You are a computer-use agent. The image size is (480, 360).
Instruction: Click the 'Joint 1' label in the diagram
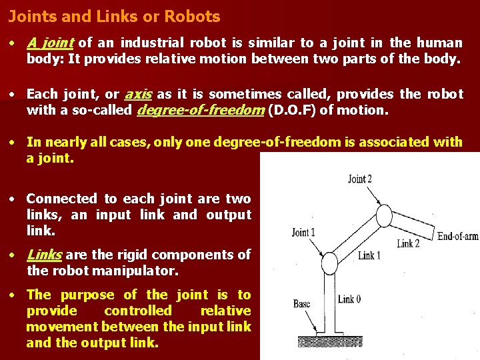point(303,232)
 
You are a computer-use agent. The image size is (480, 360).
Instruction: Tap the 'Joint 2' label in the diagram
point(360,179)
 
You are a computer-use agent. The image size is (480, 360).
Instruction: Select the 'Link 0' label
point(349,299)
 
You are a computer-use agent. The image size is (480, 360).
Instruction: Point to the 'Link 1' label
point(369,256)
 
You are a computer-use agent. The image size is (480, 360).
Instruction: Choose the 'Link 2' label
point(408,244)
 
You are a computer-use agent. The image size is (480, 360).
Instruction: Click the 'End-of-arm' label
point(457,235)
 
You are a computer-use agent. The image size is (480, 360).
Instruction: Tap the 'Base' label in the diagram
point(301,304)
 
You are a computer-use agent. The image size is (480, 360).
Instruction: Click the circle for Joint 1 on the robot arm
point(329,263)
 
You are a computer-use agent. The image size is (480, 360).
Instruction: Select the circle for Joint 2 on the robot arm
point(385,215)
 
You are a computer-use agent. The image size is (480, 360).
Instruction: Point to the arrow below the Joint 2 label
point(371,197)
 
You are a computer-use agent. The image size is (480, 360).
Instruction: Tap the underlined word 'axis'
point(138,94)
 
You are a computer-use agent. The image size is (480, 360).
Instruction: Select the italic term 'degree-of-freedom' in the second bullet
point(199,110)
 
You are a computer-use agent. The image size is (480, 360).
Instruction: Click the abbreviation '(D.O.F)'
point(291,110)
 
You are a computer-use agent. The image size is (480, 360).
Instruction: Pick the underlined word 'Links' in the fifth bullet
point(45,255)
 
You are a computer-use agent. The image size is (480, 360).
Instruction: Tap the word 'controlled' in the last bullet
point(138,311)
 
